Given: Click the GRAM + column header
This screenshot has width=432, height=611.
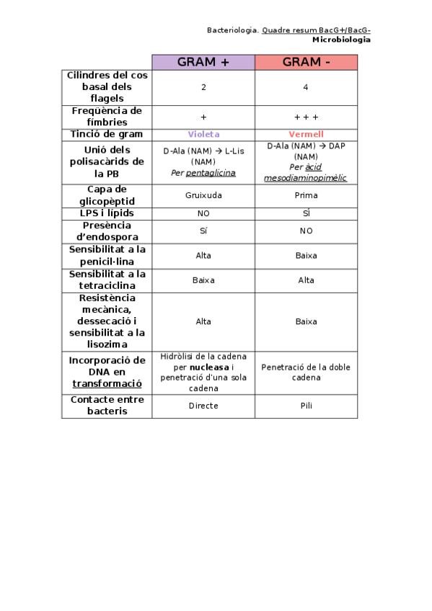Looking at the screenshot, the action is point(203,62).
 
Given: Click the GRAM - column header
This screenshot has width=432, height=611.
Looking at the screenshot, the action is point(306,62).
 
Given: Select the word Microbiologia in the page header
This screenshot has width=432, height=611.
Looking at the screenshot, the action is point(341,40).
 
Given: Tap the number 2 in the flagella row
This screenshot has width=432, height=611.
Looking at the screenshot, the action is point(203,87).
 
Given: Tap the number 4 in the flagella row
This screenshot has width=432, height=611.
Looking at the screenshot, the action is point(306,87).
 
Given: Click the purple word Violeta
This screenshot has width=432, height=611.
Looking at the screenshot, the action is point(203,134).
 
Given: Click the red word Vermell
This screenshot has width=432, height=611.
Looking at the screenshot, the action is point(306,134).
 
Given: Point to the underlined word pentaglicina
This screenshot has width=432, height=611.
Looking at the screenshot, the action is point(211,173).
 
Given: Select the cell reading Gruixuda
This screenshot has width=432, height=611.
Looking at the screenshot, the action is point(203,195).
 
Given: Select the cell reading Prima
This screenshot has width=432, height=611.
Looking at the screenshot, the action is point(306,195).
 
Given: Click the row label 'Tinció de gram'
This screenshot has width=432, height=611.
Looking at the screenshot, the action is point(106,134).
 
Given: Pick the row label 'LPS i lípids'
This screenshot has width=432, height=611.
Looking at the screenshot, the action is point(106,213).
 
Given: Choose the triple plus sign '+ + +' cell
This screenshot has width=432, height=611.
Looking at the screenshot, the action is point(306,117).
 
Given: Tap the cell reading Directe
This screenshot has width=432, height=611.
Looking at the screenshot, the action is point(203,406).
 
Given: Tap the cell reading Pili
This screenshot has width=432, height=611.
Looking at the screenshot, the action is point(306,406).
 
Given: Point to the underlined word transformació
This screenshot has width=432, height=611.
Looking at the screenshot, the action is point(106,383).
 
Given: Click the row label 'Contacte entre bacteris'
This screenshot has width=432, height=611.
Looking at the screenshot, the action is point(106,405).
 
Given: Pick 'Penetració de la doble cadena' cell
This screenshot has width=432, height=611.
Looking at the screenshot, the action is point(306,372).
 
